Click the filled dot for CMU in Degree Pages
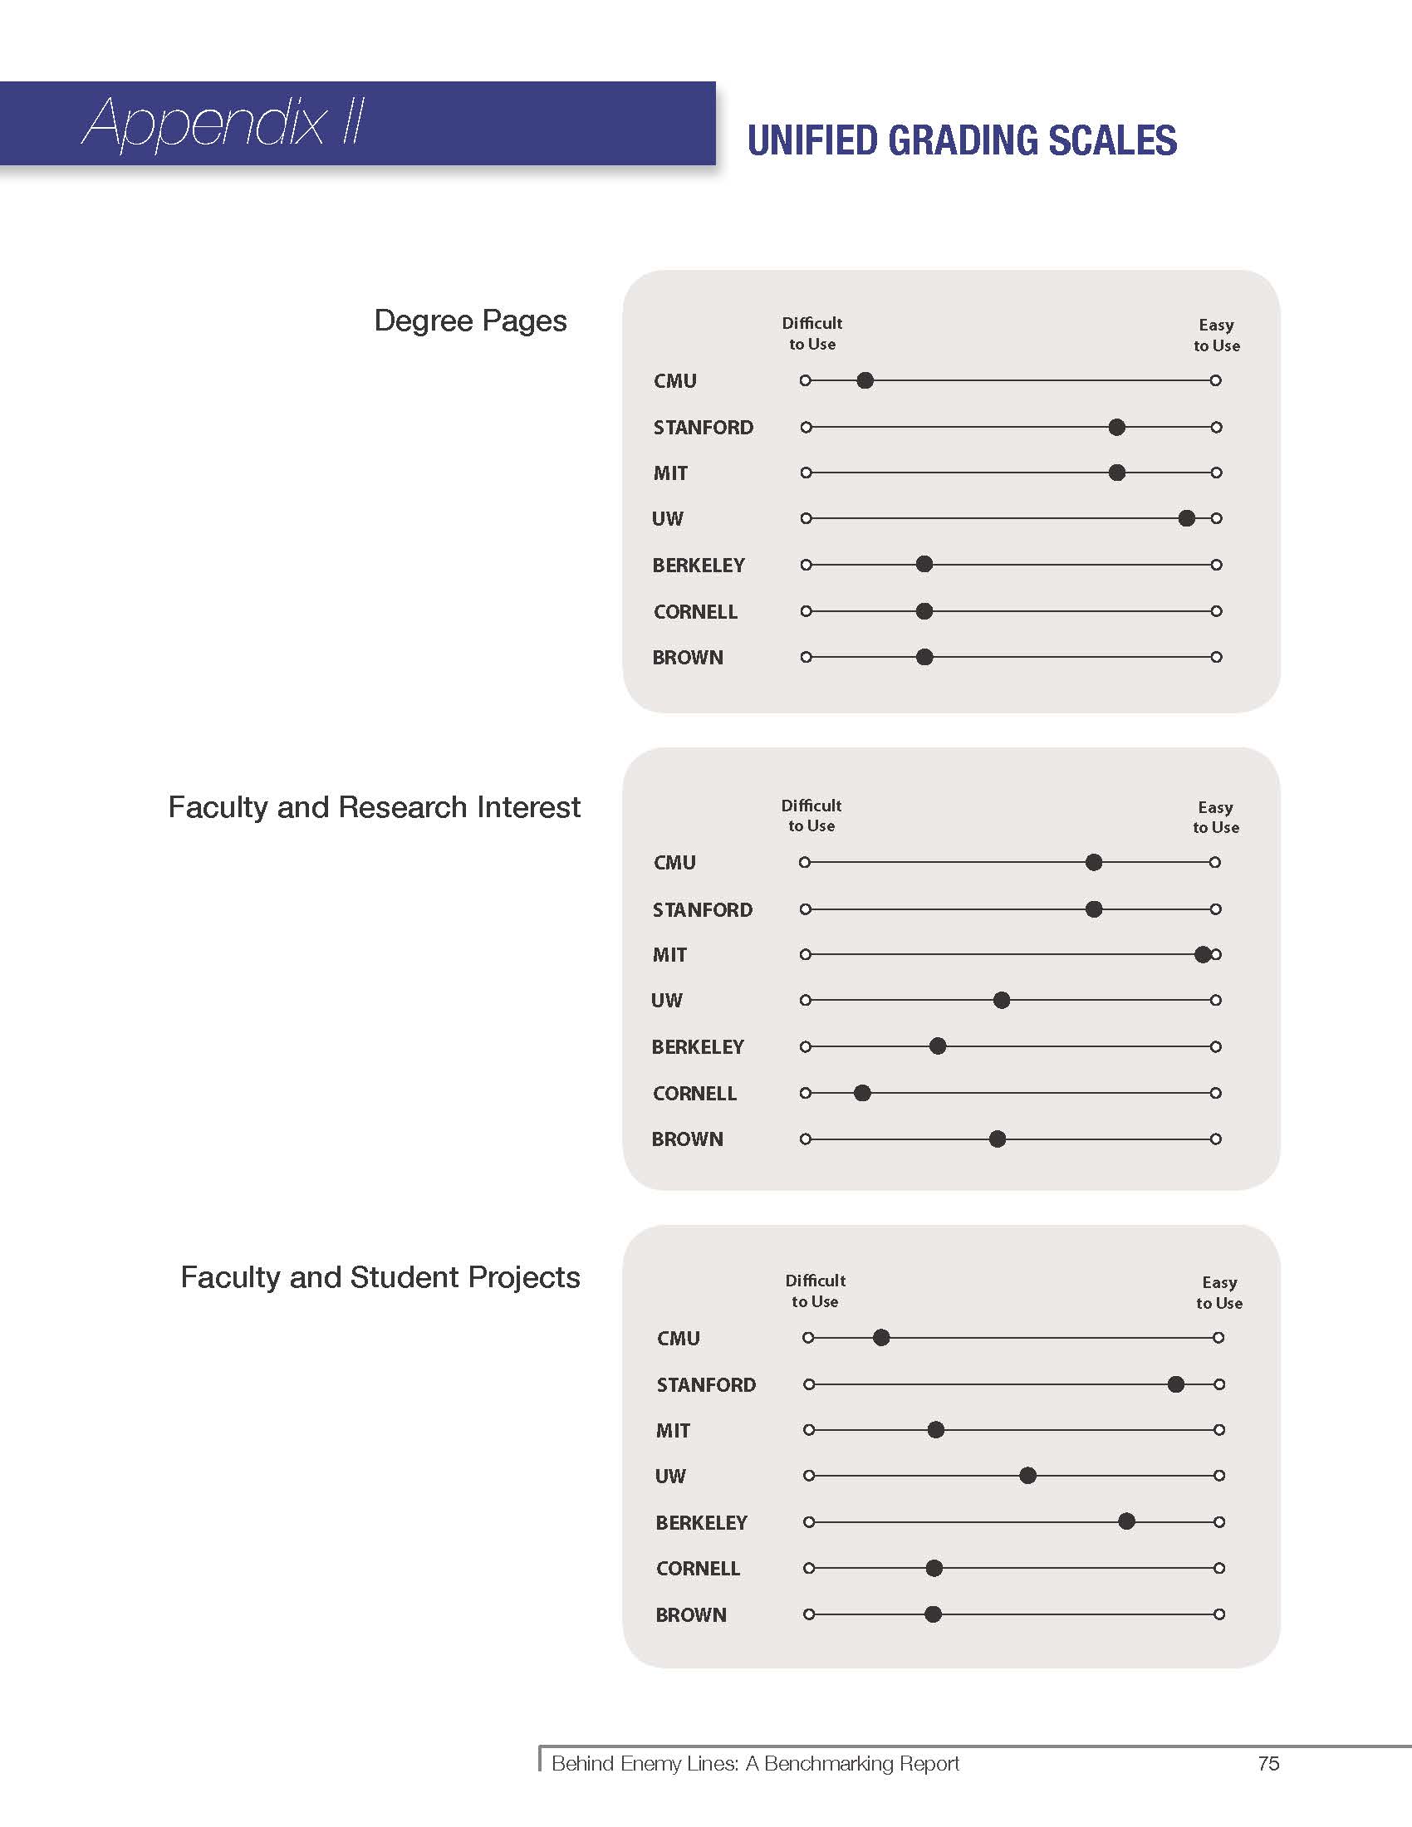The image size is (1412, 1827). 865,380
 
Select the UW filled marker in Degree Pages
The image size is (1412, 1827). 1186,519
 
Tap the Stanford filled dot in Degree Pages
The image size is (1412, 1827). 1116,428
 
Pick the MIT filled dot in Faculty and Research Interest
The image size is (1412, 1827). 1203,954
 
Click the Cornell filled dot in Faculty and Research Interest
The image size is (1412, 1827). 862,1093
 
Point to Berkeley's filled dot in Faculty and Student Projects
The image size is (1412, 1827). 1127,1521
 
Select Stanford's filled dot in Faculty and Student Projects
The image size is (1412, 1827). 1175,1384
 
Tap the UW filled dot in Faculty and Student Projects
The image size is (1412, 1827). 1028,1476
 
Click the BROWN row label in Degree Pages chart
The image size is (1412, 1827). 688,658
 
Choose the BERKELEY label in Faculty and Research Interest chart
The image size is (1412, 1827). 698,1047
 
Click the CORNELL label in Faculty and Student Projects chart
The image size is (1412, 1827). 698,1569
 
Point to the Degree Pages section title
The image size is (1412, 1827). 470,321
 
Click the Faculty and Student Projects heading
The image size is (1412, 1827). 380,1277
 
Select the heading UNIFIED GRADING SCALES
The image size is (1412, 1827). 962,140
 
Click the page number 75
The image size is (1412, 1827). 1268,1763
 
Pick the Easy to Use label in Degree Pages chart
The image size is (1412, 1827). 1217,335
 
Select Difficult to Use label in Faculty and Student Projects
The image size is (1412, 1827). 815,1291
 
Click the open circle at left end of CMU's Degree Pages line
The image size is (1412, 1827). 806,380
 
